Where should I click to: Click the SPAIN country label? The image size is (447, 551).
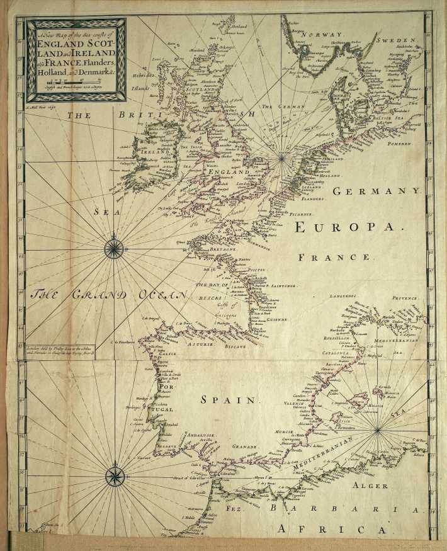[x=230, y=400]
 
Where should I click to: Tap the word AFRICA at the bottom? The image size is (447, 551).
[x=314, y=529]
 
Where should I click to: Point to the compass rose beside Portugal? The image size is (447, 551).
[x=115, y=475]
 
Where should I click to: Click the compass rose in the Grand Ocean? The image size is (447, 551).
[x=113, y=249]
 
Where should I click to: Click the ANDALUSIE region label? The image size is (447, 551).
[x=198, y=435]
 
